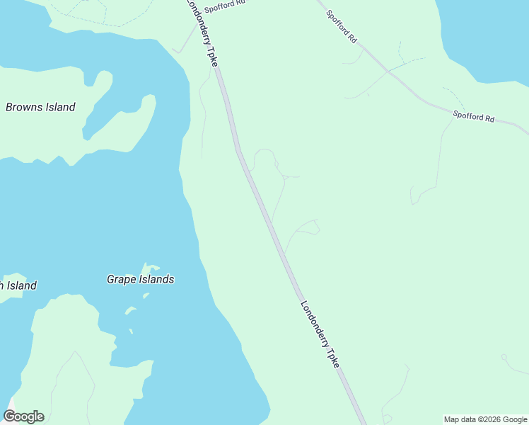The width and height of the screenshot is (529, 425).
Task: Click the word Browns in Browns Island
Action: tap(25, 108)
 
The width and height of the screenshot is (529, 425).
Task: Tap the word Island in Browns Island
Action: tap(60, 108)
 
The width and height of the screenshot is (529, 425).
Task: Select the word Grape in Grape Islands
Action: tap(122, 279)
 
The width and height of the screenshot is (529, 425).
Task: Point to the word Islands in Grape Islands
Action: tap(156, 279)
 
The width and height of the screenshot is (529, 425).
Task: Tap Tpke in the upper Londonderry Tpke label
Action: tap(211, 56)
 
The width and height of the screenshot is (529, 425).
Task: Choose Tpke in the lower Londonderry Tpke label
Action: tap(335, 357)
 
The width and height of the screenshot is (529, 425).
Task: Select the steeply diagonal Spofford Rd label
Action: tap(342, 28)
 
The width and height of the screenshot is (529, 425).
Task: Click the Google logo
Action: tap(24, 416)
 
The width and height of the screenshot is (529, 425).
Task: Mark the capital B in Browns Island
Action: tap(10, 108)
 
